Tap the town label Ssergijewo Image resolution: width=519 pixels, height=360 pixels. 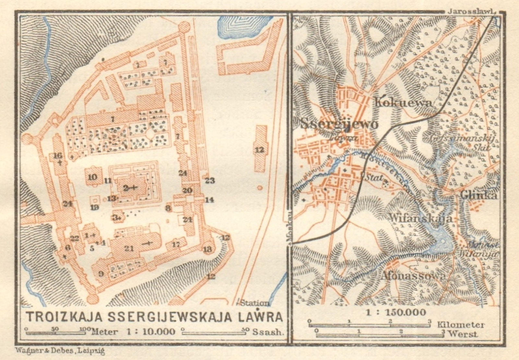(339, 124)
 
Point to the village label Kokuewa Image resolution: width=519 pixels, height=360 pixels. (404, 103)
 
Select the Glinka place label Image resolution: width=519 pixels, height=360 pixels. (478, 195)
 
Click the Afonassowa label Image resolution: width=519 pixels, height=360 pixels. (412, 276)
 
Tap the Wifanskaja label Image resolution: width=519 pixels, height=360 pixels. (420, 218)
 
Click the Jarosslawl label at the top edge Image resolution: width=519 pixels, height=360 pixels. (471, 11)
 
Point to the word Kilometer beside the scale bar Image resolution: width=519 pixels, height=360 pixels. (461, 325)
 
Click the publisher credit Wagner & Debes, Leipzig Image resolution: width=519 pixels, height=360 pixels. (60, 351)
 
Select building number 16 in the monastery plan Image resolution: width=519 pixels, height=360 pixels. (57, 156)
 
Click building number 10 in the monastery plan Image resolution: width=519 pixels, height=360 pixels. (92, 177)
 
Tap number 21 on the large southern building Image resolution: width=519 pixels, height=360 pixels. (129, 248)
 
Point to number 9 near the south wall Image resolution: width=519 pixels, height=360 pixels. (101, 274)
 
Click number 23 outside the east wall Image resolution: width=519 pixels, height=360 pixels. (210, 180)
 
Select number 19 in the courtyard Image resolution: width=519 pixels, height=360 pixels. (94, 207)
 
